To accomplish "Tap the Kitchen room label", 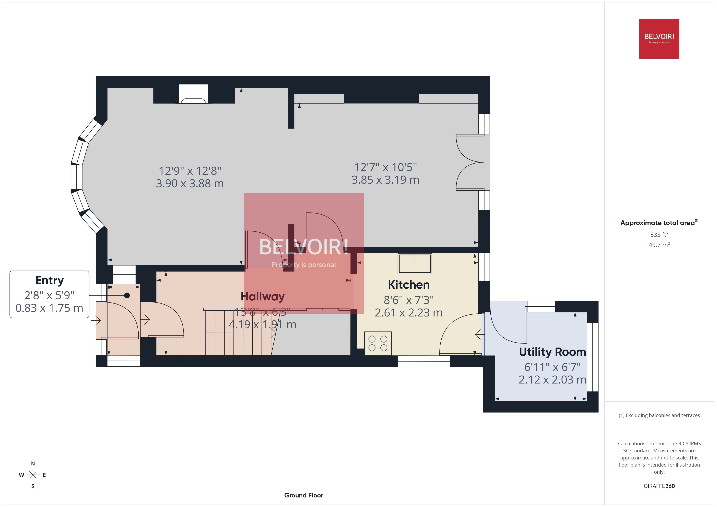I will (x=408, y=285).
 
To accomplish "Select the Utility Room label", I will (x=552, y=352).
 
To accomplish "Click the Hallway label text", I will (x=263, y=296).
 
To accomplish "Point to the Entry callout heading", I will (x=49, y=280).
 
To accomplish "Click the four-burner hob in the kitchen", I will (x=378, y=343).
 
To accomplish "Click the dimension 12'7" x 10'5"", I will (x=385, y=167).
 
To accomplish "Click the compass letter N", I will (x=33, y=463).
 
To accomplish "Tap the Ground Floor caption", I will (x=304, y=495).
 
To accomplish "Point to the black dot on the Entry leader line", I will (x=127, y=295).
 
